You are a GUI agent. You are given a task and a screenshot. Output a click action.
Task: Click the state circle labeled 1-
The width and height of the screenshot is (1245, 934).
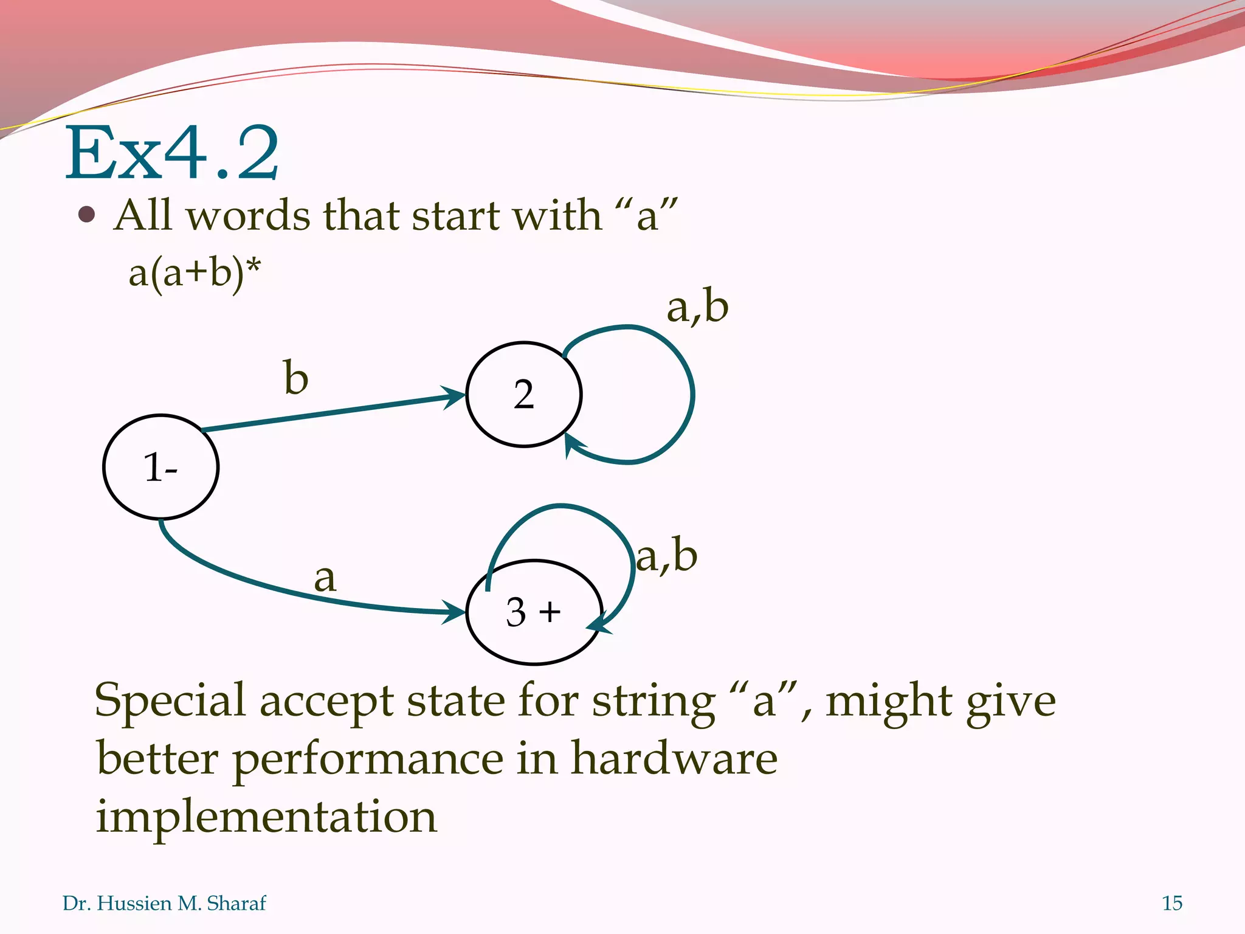[x=160, y=467]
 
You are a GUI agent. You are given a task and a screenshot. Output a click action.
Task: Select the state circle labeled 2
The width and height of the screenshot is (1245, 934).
[x=523, y=395]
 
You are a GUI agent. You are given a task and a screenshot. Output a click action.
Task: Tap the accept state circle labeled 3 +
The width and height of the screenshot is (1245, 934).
[x=534, y=612]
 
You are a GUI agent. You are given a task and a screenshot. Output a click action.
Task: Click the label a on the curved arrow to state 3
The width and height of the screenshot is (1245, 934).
[x=325, y=578]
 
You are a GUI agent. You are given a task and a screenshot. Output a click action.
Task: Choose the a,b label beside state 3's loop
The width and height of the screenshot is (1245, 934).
[x=666, y=556]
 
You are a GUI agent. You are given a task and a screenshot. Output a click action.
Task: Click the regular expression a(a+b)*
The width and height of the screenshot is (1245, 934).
[x=195, y=273]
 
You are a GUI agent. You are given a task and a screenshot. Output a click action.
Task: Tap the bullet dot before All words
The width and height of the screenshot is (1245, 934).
[x=88, y=215]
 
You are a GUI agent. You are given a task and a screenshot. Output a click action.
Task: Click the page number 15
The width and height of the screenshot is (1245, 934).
[x=1171, y=903]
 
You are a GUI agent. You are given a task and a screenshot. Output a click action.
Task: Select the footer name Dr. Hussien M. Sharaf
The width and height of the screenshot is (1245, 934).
[x=164, y=903]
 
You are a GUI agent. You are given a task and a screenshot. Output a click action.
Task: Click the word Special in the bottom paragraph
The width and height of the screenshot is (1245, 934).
[x=170, y=701]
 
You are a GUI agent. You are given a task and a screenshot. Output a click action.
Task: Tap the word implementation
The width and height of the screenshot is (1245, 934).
[x=266, y=817]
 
